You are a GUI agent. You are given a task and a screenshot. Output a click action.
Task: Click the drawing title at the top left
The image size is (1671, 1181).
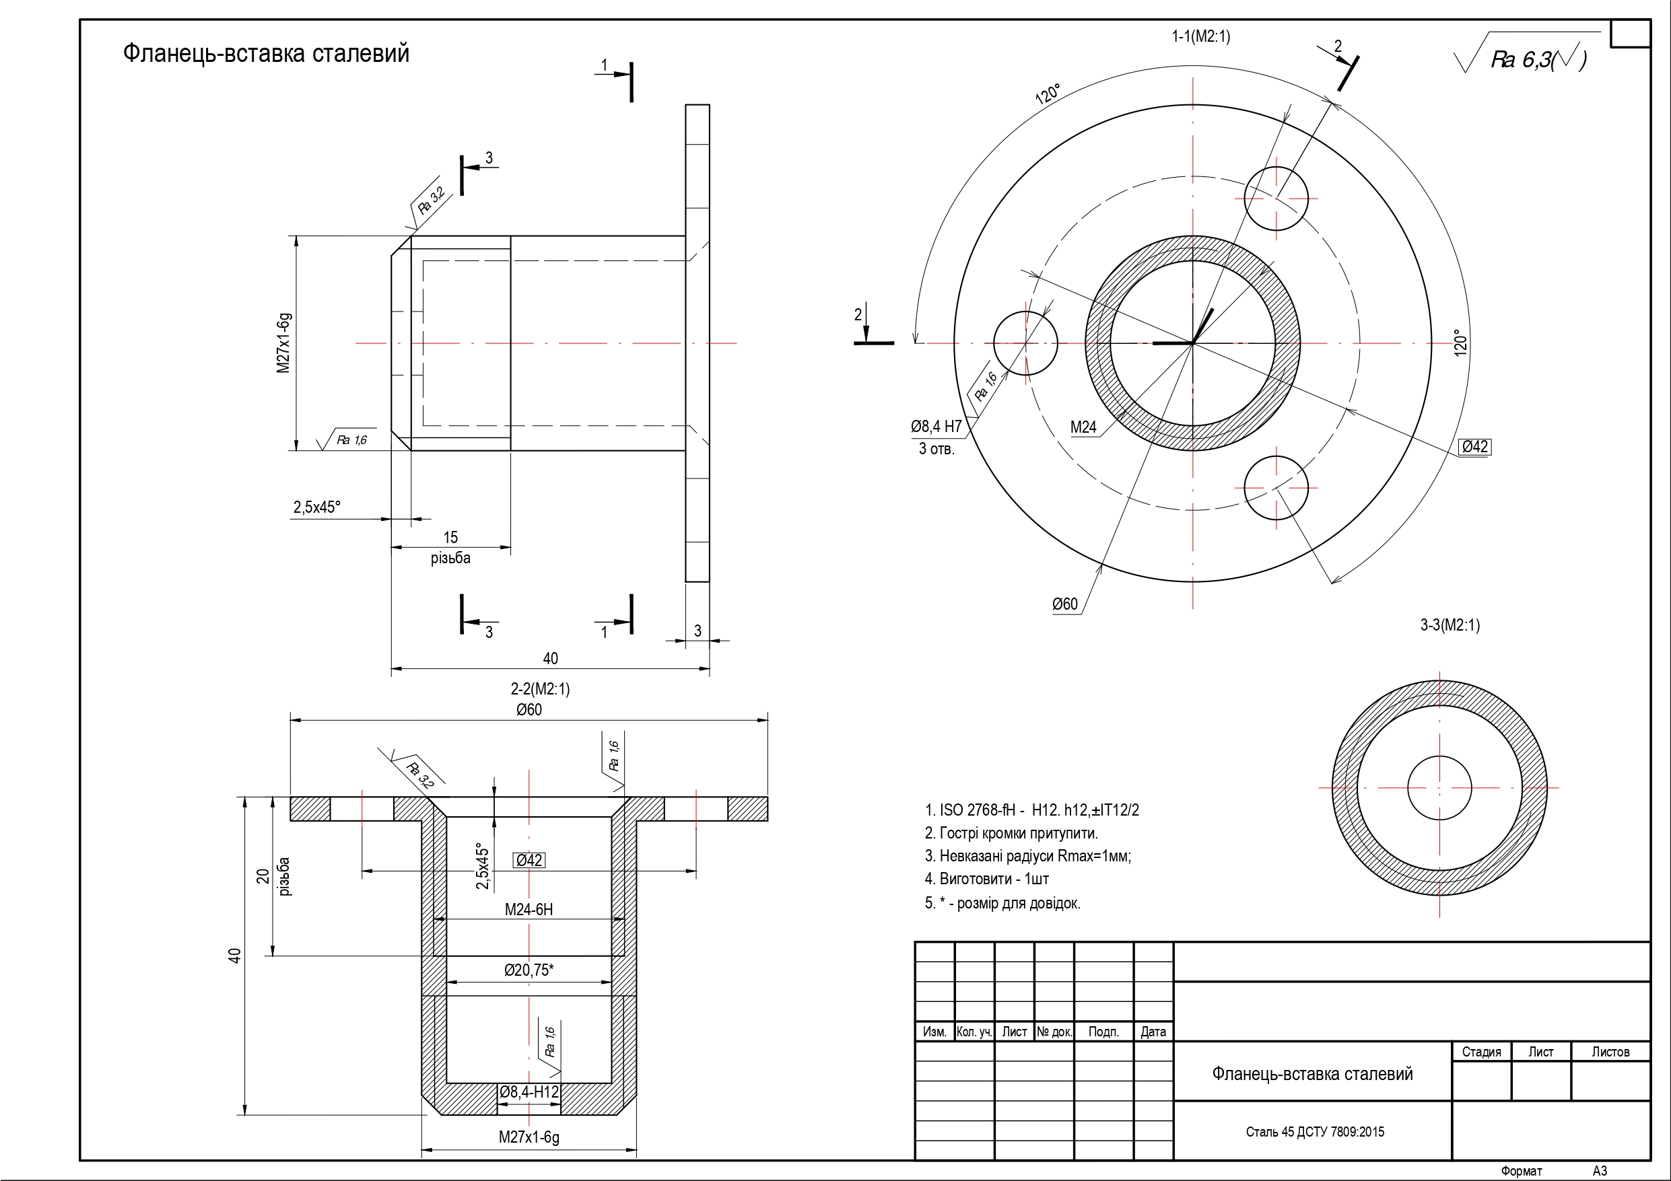click(x=266, y=53)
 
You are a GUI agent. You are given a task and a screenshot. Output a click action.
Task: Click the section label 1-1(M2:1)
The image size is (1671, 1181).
click(x=1200, y=36)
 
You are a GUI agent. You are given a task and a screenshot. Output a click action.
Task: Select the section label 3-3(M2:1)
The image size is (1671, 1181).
click(x=1450, y=625)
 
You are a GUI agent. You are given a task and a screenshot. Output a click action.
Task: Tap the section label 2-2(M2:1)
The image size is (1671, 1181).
click(x=540, y=688)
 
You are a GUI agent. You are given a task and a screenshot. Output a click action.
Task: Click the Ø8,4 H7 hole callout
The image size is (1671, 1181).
click(x=936, y=427)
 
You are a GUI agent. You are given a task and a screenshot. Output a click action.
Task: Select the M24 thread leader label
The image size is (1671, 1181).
click(x=1083, y=428)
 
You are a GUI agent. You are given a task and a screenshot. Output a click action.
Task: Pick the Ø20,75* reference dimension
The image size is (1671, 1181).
click(x=529, y=970)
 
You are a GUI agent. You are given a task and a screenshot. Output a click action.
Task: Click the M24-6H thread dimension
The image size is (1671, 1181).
click(x=529, y=910)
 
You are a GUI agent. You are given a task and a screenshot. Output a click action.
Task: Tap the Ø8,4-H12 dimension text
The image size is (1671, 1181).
click(x=529, y=1092)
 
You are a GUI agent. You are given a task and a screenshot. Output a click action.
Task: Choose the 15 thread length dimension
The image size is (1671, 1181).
click(x=450, y=538)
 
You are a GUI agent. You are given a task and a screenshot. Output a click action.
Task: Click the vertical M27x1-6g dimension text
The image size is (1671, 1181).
click(x=284, y=343)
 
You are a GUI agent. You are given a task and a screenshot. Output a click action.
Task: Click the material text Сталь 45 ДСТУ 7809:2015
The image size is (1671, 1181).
click(x=1315, y=1131)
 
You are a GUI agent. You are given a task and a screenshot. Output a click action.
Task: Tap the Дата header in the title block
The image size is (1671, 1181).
click(x=1153, y=1032)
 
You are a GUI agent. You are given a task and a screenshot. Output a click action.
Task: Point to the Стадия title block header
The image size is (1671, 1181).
click(x=1481, y=1052)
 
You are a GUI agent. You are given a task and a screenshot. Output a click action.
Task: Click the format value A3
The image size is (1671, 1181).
click(x=1600, y=1171)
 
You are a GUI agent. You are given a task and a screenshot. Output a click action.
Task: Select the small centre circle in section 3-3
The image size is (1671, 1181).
click(x=1439, y=788)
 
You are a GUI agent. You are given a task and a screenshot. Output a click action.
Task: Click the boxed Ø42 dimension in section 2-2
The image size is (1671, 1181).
click(x=529, y=860)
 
